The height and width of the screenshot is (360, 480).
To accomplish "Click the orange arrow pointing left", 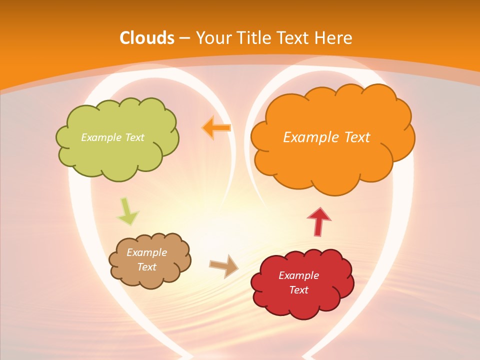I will tap(216, 128).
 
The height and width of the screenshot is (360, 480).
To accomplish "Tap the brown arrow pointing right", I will tap(224, 265).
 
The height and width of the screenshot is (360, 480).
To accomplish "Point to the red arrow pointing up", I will tap(319, 221).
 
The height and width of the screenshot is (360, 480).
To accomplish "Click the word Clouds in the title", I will tap(147, 38).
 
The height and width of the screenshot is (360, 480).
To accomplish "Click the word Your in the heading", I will tap(212, 38).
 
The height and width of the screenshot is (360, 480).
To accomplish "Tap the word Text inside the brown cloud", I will tap(146, 267).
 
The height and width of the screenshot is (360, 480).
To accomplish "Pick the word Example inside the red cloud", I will tap(298, 275).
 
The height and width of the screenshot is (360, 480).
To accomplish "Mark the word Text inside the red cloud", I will tap(298, 290).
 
